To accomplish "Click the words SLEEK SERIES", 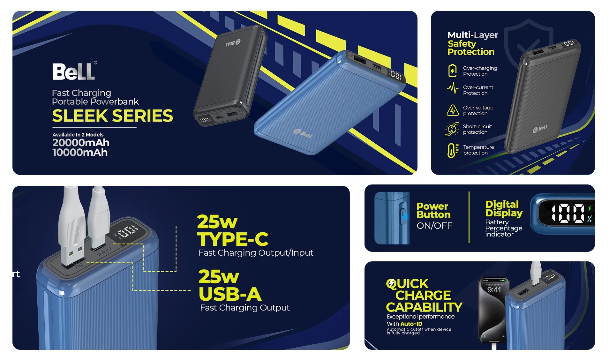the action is click(112, 116).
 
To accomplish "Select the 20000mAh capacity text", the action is click(81, 143).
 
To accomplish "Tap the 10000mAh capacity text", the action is click(80, 153).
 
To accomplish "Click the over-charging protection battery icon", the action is click(452, 71).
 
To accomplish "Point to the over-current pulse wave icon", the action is click(452, 88).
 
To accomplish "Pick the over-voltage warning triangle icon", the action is click(453, 110).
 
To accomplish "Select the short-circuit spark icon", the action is click(452, 129).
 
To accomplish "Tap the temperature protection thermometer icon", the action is click(453, 150).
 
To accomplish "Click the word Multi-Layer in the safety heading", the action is click(473, 35).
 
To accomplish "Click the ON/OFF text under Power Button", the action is click(434, 226).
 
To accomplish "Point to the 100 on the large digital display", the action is click(568, 213).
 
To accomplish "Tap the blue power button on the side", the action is click(404, 217).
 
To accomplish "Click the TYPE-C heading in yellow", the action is click(233, 239).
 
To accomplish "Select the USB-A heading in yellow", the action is click(230, 294).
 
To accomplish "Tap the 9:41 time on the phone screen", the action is click(494, 290).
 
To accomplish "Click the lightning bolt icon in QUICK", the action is click(391, 283).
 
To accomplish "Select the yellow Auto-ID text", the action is click(411, 324).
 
